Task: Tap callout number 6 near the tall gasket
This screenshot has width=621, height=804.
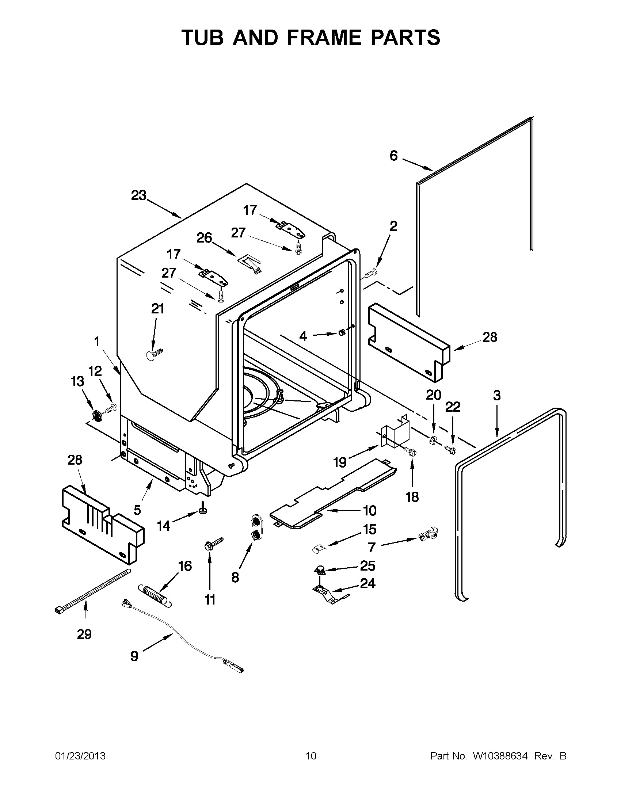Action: coord(393,156)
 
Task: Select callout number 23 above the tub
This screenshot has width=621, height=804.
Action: coord(138,195)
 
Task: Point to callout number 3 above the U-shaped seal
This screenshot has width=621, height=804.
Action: coord(496,396)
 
